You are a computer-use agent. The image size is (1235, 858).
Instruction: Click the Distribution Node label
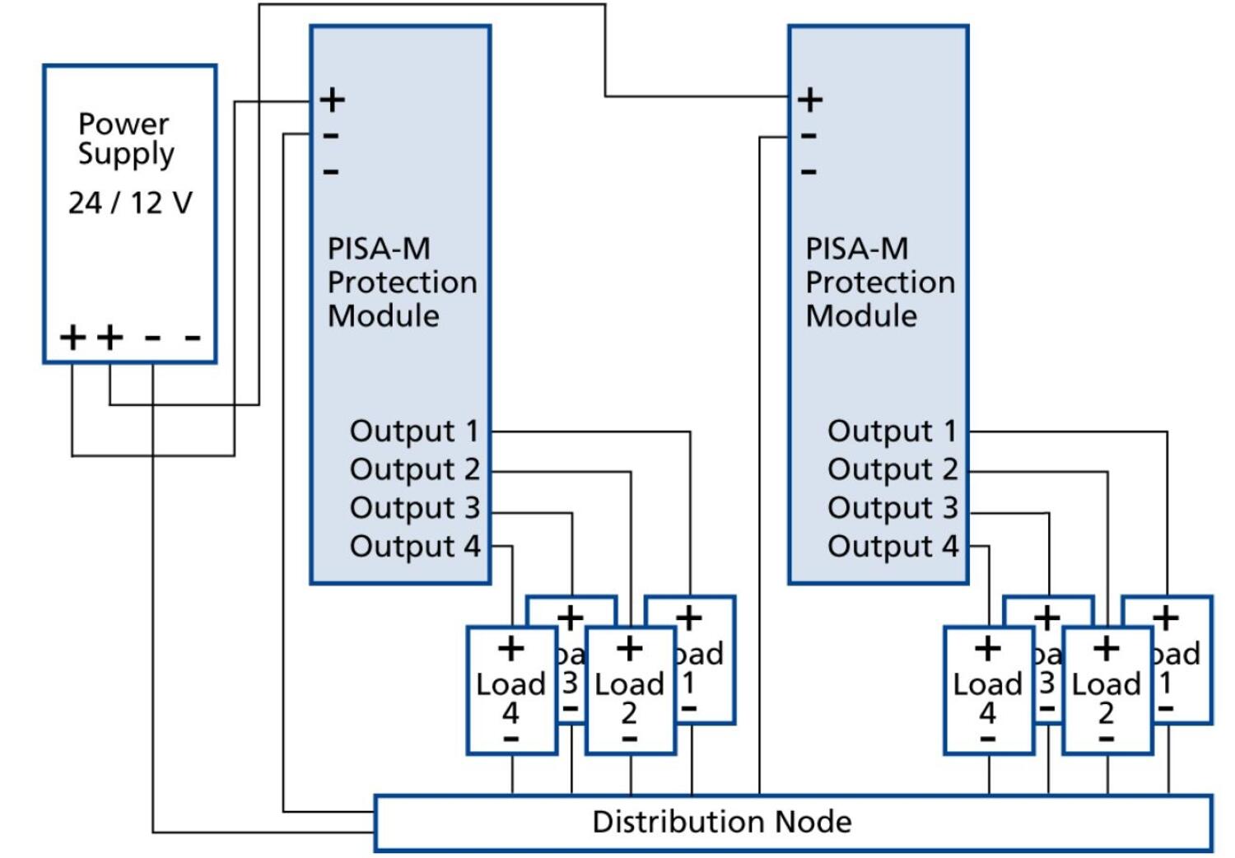(x=721, y=822)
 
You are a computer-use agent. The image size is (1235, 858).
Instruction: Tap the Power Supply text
(x=125, y=138)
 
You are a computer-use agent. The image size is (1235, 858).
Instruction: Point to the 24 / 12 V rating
(x=130, y=203)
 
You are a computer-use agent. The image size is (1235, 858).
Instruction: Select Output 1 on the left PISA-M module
(x=413, y=431)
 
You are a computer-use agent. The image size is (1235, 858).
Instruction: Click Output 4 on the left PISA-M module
(x=413, y=546)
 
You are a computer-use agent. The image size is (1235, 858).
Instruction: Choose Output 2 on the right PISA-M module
(x=892, y=469)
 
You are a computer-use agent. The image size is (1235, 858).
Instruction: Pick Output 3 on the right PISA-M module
(x=892, y=508)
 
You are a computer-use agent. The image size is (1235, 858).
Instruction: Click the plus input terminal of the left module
(x=333, y=100)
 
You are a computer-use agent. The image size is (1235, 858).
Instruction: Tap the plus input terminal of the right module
(x=810, y=100)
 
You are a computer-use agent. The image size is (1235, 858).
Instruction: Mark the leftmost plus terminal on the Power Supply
(x=72, y=337)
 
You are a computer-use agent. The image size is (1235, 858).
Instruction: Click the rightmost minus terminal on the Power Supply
(x=193, y=337)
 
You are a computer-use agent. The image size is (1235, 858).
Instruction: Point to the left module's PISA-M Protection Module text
(x=401, y=282)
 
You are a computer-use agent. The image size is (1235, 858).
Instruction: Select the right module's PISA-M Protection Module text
(x=879, y=282)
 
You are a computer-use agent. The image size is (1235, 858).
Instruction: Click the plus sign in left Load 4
(x=511, y=649)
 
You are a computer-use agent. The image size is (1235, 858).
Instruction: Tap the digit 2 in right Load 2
(x=1107, y=713)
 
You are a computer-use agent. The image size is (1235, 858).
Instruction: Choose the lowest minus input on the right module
(x=809, y=172)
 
